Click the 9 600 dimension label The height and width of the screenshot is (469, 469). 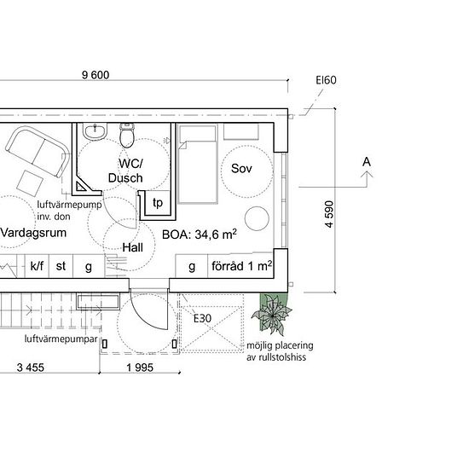96,75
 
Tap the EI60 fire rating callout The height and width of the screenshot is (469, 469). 326,80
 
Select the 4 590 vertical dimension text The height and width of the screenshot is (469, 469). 329,214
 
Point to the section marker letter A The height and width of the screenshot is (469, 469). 367,162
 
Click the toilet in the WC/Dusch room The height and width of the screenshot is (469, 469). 127,136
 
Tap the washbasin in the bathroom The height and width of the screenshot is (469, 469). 95,131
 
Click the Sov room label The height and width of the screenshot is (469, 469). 241,168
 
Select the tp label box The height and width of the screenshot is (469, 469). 158,202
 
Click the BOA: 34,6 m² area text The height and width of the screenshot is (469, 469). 200,234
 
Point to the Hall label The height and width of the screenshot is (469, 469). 133,247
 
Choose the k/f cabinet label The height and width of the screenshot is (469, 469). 37,265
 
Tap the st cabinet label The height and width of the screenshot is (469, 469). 61,266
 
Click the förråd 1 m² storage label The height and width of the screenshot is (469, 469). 241,266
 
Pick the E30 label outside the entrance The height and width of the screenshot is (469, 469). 202,318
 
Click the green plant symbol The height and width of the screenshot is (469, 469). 271,314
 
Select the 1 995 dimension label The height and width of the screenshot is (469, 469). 140,368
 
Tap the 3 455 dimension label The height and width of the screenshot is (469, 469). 30,368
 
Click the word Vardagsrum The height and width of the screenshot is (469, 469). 33,233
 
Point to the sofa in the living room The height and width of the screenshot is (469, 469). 38,152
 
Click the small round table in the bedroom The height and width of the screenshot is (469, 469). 257,218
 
